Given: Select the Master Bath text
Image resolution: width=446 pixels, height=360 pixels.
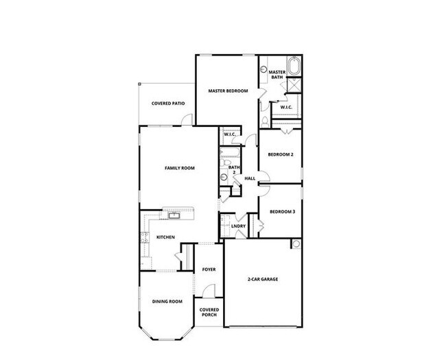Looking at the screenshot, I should coord(277,75).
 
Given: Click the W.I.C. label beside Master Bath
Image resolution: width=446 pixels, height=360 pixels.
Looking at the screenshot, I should coord(286,106).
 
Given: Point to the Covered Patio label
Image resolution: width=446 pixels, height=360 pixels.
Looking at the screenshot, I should coord(167,104).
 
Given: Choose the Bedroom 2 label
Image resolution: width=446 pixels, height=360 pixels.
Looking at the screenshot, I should coord(281,154).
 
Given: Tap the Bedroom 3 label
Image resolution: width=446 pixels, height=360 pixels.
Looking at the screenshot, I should coord(281,211).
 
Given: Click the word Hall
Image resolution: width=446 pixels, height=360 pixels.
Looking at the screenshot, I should coord(250,178).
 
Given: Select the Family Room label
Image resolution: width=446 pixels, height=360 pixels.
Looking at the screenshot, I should coord(179,167).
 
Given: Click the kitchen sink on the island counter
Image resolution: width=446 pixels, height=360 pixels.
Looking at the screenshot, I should coord(174,217).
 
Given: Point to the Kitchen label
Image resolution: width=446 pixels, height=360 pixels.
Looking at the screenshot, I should coord(166,237).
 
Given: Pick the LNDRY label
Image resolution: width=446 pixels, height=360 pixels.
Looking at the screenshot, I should coord(238,225).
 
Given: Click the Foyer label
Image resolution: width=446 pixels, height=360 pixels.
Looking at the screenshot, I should coord(209,269).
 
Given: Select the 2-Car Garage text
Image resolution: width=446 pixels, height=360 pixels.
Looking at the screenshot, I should coord(263,279).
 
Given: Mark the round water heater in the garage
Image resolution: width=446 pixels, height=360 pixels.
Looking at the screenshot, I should coord(296,243).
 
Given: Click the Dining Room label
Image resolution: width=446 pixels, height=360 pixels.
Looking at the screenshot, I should coord(167,301).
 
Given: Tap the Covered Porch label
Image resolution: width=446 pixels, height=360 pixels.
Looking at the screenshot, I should coord(209,312).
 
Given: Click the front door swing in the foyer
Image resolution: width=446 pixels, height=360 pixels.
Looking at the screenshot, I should coord(210,291).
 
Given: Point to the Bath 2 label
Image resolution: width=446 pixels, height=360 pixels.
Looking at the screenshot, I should coord(234,169).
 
